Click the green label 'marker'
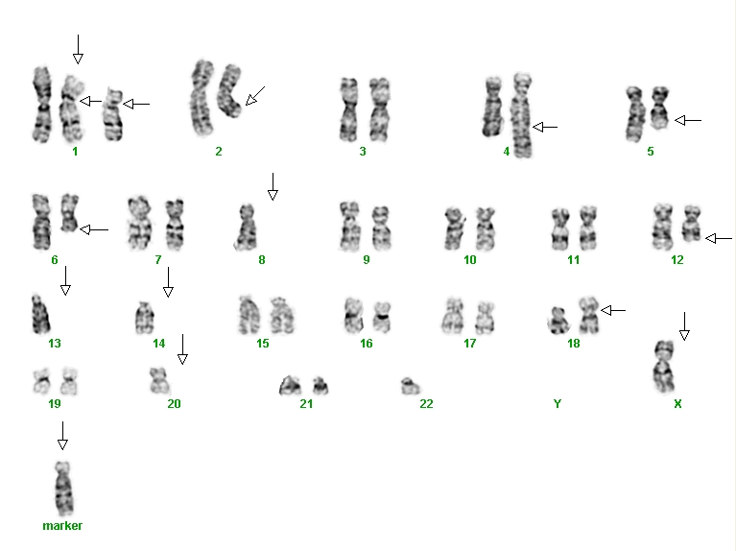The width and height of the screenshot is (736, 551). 62,526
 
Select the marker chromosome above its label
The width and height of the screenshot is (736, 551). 63,489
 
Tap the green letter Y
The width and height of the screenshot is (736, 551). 558,403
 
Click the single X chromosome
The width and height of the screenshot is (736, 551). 664,367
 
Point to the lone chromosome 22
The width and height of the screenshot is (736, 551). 411,386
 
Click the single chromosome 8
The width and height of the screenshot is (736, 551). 246,227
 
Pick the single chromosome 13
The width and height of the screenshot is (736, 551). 40,314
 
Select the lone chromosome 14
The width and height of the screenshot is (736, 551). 145,318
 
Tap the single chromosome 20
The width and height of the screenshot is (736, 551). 159,381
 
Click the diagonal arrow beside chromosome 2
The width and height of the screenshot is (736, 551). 255,96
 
